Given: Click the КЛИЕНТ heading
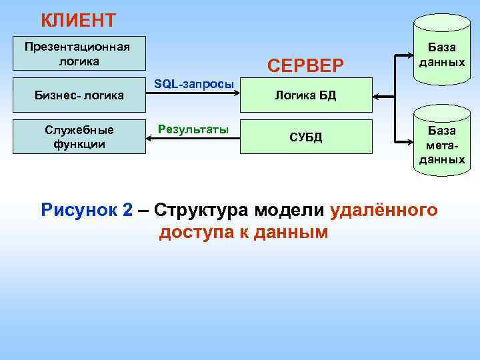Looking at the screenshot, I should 78,21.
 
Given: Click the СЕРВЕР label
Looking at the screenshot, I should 305,65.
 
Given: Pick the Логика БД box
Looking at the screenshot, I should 305,95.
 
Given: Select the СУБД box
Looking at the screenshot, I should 305,137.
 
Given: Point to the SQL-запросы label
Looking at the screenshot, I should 193,84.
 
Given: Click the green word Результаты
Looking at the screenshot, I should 193,127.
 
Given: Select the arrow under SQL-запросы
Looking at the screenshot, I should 193,96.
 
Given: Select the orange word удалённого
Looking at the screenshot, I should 383,211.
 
